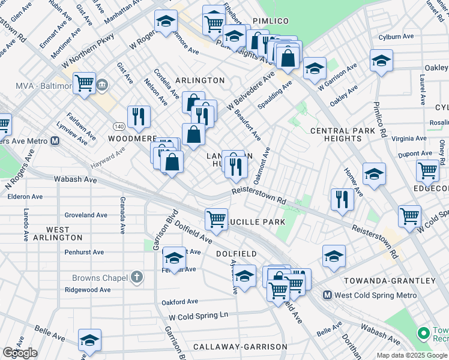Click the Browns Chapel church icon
click(x=137, y=277)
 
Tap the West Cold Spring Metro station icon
click(x=328, y=295)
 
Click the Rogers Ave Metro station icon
click(x=55, y=141)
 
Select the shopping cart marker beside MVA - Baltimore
click(x=84, y=83)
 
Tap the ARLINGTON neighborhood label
click(x=200, y=80)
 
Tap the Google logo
click(x=20, y=353)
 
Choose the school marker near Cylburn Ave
click(x=381, y=61)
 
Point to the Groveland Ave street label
click(x=86, y=215)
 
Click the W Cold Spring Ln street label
click(x=199, y=316)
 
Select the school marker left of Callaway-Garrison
click(x=90, y=340)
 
